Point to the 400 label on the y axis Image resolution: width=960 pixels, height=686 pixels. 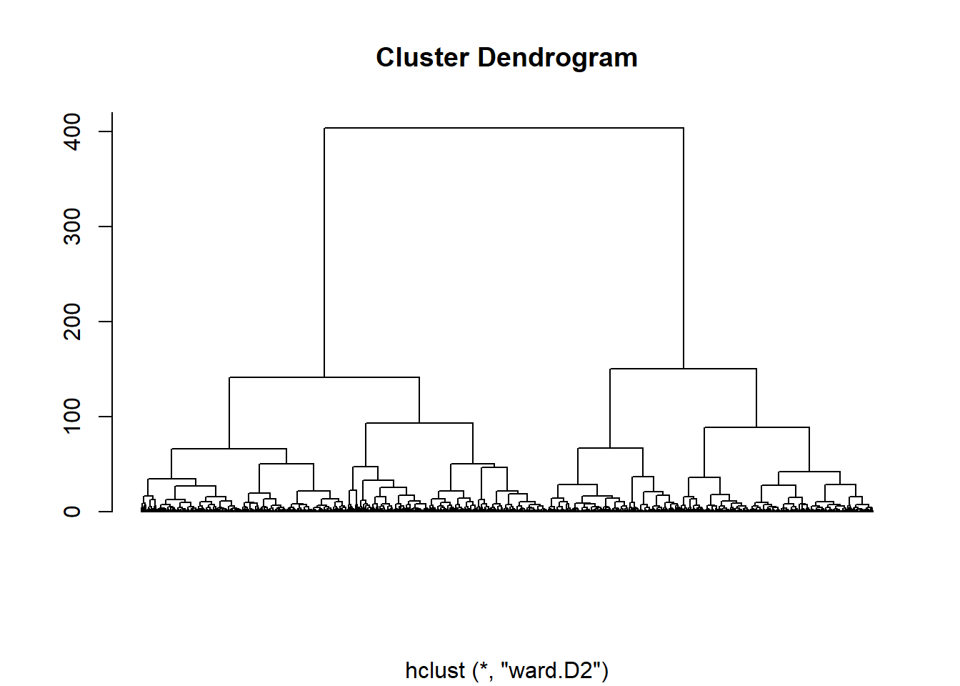[x=72, y=131]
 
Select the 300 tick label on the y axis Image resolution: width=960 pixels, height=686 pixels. [x=72, y=227]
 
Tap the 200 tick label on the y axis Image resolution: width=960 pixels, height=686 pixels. [x=72, y=322]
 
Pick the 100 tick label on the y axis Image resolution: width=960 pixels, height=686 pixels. [x=72, y=417]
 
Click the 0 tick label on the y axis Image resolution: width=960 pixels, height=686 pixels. [x=72, y=512]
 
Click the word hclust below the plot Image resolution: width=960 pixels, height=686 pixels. [x=434, y=670]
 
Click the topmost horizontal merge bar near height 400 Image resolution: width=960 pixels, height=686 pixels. [x=504, y=128]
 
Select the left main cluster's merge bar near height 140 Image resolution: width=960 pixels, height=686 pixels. [x=324, y=377]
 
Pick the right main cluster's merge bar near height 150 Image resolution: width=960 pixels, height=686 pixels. [x=683, y=369]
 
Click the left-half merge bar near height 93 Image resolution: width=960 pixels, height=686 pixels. [x=419, y=423]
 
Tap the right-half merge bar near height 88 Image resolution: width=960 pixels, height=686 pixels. [x=756, y=427]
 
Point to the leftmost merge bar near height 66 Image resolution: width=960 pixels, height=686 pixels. [x=229, y=449]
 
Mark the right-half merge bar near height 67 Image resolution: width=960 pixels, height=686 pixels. [x=610, y=448]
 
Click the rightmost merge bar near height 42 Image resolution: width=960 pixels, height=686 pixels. [x=809, y=472]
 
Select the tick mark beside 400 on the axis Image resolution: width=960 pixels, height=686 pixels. [x=106, y=131]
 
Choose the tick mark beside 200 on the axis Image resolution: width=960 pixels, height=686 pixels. [x=106, y=322]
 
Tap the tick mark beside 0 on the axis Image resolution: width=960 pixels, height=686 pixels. [x=106, y=512]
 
